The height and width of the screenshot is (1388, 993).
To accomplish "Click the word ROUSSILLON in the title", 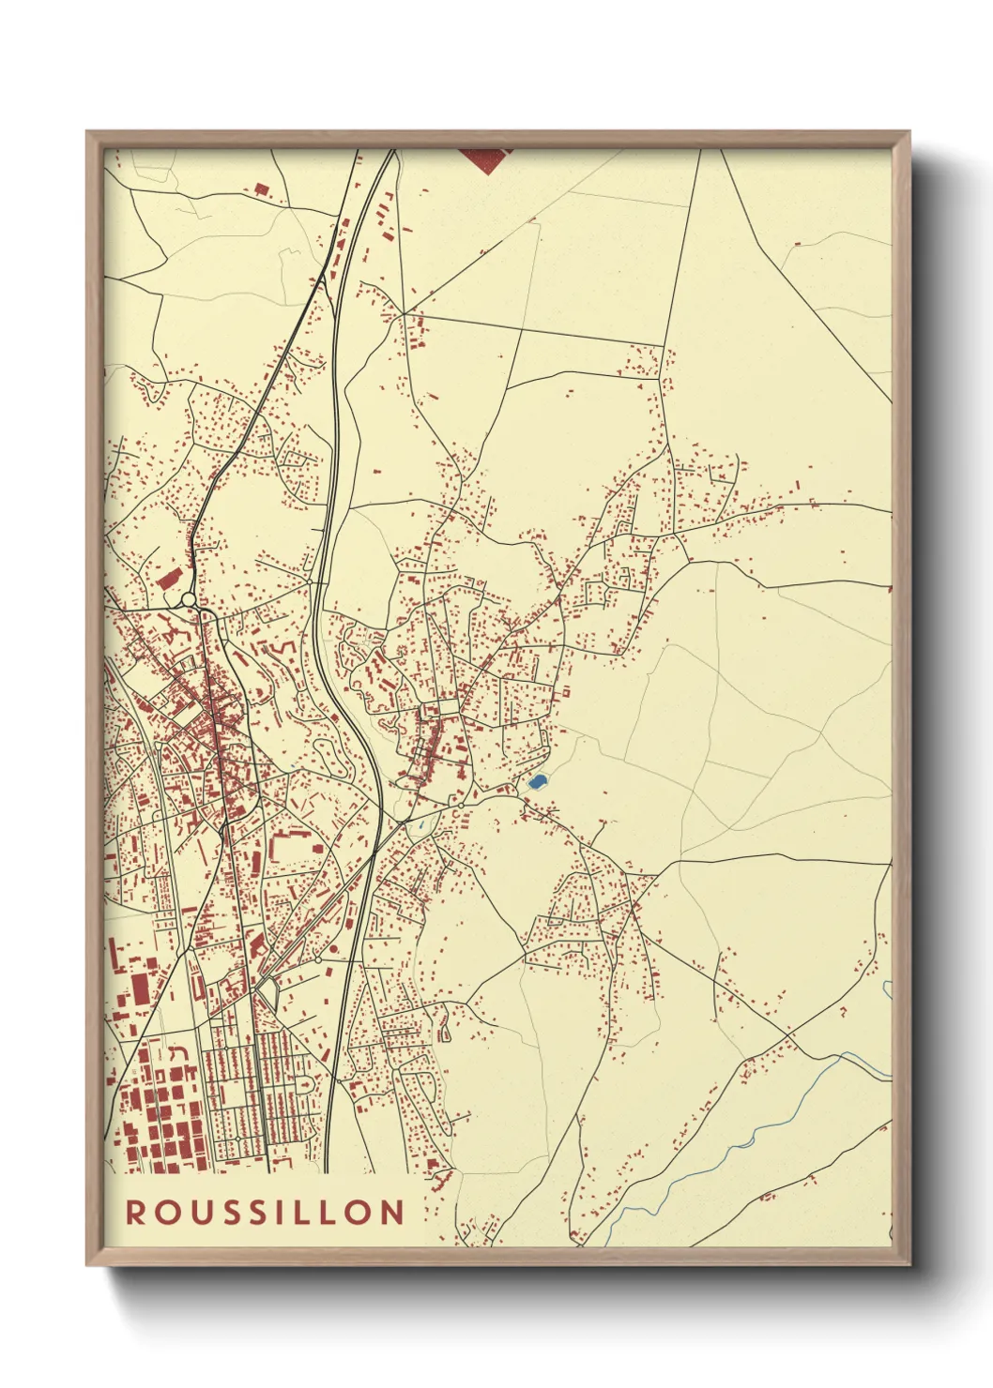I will [266, 1212].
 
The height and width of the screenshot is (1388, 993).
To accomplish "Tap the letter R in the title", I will [136, 1212].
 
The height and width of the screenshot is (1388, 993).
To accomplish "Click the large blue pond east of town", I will [537, 780].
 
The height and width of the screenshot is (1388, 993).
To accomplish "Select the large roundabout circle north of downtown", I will [189, 599].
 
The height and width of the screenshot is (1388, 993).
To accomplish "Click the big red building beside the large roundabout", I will [169, 579].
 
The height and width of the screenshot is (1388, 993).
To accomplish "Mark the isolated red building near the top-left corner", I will [262, 190].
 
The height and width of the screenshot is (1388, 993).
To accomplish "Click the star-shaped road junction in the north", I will [405, 313].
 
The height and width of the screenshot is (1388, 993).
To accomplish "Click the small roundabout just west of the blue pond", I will [461, 805].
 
